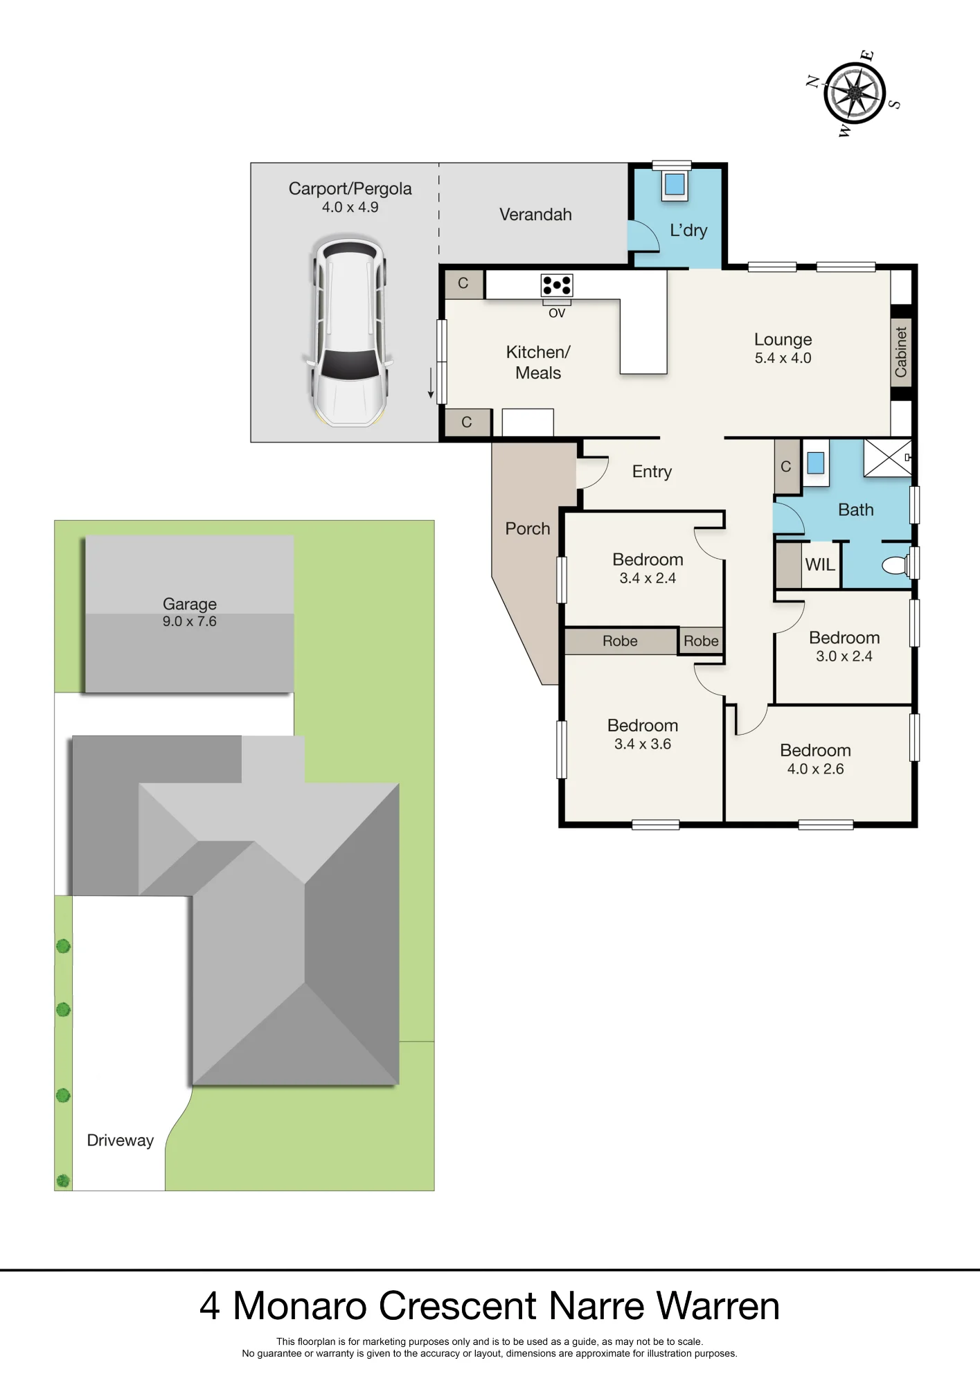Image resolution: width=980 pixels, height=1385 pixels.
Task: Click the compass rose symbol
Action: point(855,93)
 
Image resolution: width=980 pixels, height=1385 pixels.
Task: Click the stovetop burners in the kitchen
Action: point(557,285)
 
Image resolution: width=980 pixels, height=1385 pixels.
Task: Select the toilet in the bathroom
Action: point(896,565)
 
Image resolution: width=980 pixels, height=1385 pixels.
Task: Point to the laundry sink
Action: point(675,184)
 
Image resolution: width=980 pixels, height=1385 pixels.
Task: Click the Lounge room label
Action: point(783,339)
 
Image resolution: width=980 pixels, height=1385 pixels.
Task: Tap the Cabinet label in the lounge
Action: point(900,352)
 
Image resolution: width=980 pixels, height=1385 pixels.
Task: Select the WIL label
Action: point(820,565)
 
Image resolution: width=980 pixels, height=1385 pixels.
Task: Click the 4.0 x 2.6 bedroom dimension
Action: point(815,769)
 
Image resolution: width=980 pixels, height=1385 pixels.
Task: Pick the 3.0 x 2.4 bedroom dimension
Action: point(844,656)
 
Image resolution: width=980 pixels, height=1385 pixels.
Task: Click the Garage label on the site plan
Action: point(189,604)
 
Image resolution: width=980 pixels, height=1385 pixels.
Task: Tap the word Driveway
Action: point(120,1140)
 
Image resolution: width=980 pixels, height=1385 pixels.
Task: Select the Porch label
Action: point(527,528)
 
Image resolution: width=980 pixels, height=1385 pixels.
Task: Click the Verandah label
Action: point(535,215)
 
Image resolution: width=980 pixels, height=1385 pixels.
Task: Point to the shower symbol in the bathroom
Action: point(888,458)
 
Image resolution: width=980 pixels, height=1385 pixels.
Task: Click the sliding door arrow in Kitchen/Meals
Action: point(431,383)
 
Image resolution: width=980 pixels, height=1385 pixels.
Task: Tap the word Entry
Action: point(652,472)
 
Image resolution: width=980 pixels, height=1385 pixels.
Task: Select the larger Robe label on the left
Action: point(620,641)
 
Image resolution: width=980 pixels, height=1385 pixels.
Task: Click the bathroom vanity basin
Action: point(816,463)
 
